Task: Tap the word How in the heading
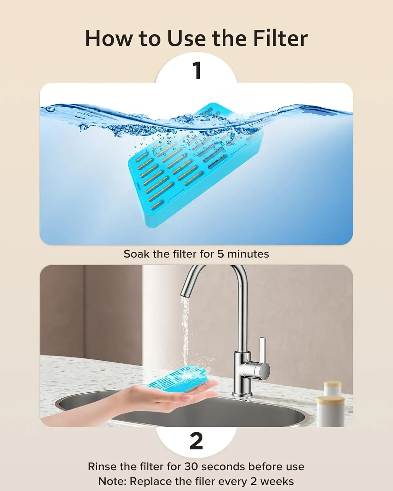(109, 39)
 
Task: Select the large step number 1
(196, 70)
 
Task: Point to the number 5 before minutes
(221, 254)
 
